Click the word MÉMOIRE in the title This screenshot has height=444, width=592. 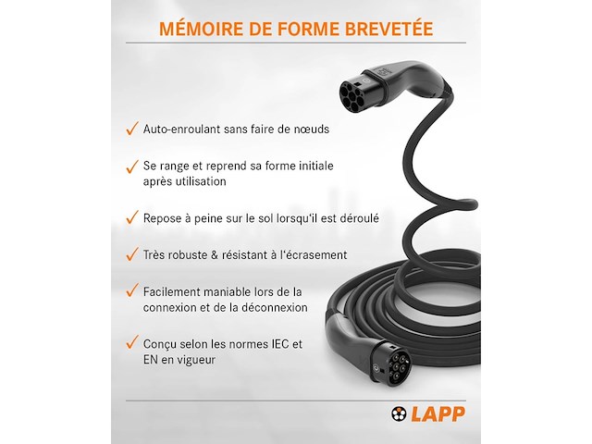(x=202, y=29)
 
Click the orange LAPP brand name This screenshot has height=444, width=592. (x=438, y=413)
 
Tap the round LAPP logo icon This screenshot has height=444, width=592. (x=399, y=413)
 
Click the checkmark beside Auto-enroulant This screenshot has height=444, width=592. (x=132, y=128)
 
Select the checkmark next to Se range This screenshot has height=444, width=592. (x=132, y=166)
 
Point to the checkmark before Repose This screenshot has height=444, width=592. (x=132, y=217)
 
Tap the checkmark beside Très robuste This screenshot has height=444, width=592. (x=132, y=253)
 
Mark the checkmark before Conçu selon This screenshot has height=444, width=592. (x=132, y=342)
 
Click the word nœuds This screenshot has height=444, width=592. (x=312, y=129)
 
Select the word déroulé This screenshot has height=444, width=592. (x=359, y=218)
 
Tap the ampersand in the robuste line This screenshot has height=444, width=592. (x=215, y=255)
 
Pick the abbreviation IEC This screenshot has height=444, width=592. (x=280, y=344)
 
